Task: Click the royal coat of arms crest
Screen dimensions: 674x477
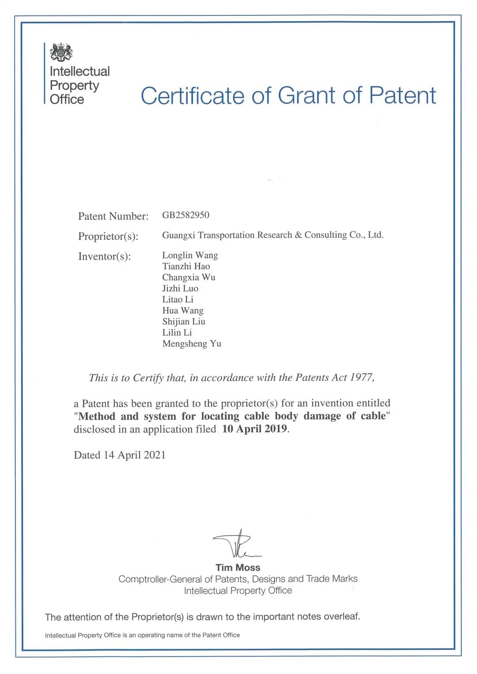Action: pos(61,52)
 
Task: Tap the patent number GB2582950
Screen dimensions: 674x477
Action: pos(185,215)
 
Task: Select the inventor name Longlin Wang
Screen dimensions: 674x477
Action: pos(190,255)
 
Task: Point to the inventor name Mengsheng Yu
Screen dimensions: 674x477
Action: pos(192,343)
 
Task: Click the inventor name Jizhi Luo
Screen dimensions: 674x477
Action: pos(180,288)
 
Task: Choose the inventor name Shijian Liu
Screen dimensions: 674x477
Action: pos(184,321)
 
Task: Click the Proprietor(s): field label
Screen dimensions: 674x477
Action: pos(108,236)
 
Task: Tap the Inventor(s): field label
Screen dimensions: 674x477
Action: pos(104,256)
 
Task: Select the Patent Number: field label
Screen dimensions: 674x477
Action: pos(113,216)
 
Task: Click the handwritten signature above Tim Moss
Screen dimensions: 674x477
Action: pos(237,545)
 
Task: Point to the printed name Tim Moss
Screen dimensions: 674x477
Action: pos(238,568)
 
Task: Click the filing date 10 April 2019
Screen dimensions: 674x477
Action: pos(254,429)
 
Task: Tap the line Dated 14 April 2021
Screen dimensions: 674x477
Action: pos(120,455)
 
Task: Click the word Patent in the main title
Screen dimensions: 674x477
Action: pos(402,95)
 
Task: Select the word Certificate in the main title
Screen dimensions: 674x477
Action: pos(192,96)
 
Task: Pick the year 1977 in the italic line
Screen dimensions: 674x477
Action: pos(362,377)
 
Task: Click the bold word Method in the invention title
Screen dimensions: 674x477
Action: pos(97,416)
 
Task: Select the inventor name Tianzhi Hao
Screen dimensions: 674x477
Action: pos(186,266)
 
